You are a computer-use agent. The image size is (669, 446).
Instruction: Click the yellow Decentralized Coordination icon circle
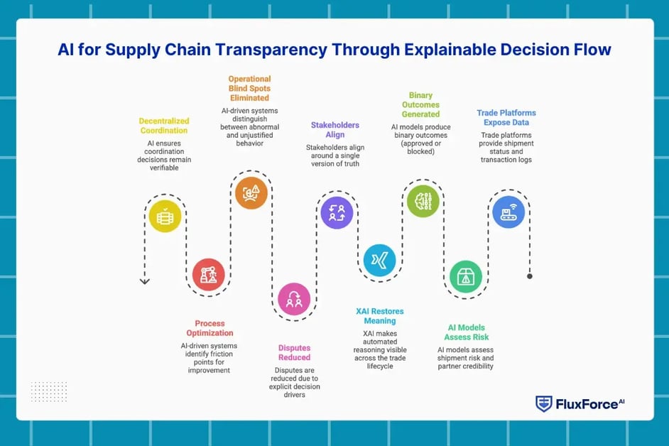pyautogui.click(x=164, y=217)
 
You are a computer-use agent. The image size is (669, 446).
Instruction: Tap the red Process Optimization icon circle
pyautogui.click(x=209, y=274)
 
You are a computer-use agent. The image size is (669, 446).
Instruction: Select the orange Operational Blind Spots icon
pyautogui.click(x=251, y=192)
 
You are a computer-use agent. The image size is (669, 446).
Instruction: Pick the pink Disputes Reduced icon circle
pyautogui.click(x=293, y=300)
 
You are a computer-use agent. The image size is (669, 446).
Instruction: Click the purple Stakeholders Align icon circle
pyautogui.click(x=337, y=212)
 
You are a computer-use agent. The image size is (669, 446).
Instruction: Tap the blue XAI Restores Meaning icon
pyautogui.click(x=379, y=260)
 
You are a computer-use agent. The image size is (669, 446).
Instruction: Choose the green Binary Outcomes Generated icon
pyautogui.click(x=423, y=200)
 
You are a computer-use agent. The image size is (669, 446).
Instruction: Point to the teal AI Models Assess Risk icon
pyautogui.click(x=466, y=277)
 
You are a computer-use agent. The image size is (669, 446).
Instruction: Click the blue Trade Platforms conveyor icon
pyautogui.click(x=508, y=212)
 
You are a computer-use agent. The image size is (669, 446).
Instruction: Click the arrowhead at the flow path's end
pyautogui.click(x=145, y=281)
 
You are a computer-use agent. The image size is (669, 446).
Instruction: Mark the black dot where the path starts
pyautogui.click(x=530, y=276)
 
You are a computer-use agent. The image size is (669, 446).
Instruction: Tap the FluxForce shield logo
pyautogui.click(x=544, y=404)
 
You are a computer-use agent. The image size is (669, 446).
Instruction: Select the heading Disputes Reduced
pyautogui.click(x=293, y=352)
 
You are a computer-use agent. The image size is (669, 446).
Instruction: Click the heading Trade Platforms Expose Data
pyautogui.click(x=506, y=118)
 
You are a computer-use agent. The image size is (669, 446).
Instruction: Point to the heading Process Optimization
pyautogui.click(x=210, y=328)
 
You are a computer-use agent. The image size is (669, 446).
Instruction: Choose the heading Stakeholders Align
pyautogui.click(x=335, y=130)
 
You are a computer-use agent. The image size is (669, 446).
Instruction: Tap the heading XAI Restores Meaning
pyautogui.click(x=380, y=316)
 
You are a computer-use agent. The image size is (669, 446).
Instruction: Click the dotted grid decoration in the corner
pyautogui.click(x=49, y=391)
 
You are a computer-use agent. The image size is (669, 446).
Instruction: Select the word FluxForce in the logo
pyautogui.click(x=585, y=405)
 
